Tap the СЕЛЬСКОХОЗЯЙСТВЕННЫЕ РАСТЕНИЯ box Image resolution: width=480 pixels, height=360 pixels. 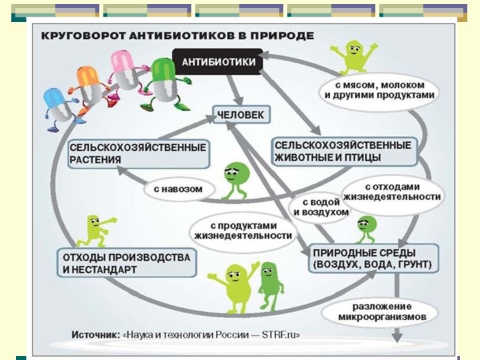click(x=139, y=153)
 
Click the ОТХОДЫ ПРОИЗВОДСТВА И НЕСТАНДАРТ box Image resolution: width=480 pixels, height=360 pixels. click(x=127, y=263)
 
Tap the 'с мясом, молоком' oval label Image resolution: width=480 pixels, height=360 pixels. click(x=379, y=90)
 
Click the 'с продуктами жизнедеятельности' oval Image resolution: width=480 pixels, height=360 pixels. click(x=244, y=230)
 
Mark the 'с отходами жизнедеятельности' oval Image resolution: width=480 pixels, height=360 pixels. click(x=391, y=191)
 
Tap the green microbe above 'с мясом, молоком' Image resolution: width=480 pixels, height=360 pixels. click(x=351, y=55)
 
